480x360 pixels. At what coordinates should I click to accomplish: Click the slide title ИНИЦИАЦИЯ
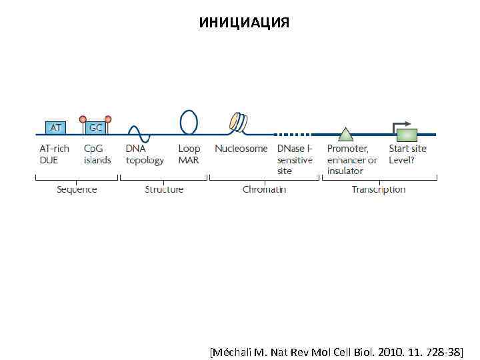coord(244,23)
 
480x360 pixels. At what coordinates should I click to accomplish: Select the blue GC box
coord(96,127)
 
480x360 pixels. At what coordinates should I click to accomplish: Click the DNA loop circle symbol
coord(189,121)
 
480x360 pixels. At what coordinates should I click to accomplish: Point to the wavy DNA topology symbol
coord(139,133)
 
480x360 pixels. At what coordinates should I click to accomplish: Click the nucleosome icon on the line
coord(237,122)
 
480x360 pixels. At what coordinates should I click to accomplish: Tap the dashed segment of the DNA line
coord(293,133)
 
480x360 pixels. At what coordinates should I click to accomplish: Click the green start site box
coord(407,134)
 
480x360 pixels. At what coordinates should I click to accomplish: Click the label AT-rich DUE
coord(54,154)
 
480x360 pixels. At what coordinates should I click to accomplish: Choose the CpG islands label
coord(97,154)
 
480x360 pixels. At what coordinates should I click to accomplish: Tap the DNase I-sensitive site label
coord(295,159)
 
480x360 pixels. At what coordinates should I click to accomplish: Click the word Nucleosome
coord(241,149)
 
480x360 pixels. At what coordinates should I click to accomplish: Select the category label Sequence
coord(77,189)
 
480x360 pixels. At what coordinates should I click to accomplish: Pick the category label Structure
coord(164,189)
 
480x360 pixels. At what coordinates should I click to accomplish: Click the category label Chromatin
coord(264,189)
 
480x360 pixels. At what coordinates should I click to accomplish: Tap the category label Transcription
coord(379,189)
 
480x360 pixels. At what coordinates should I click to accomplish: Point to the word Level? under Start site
coord(402,160)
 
